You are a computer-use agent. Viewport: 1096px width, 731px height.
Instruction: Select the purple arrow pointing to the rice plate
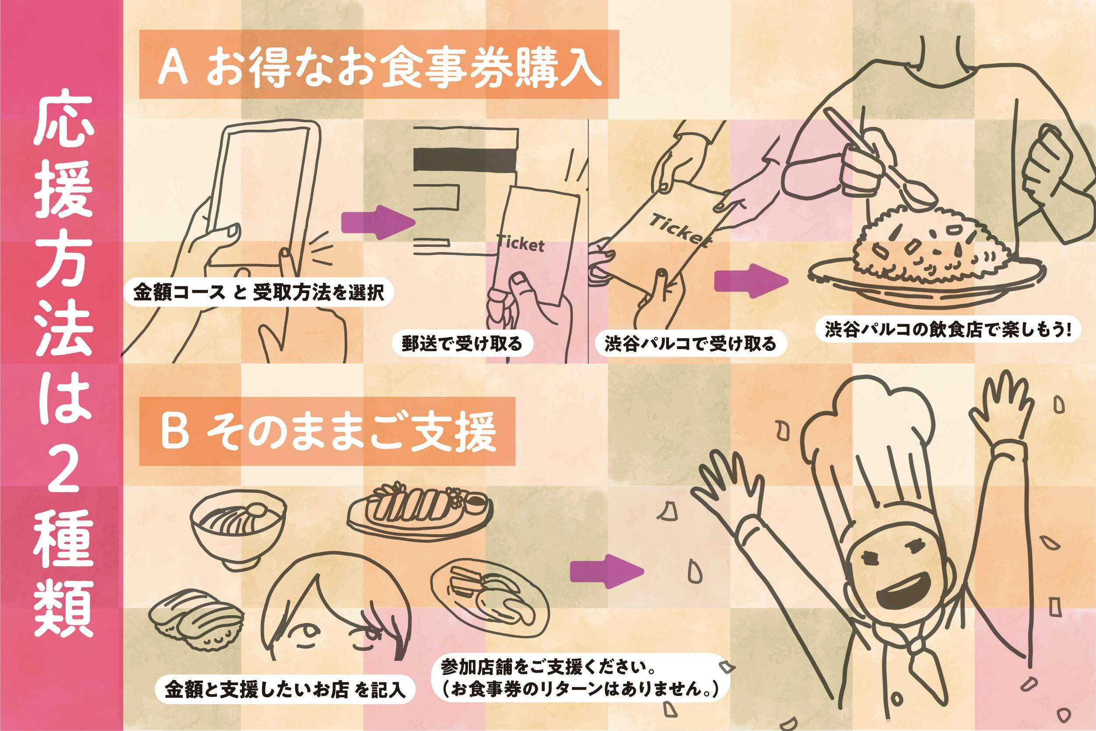coord(749,282)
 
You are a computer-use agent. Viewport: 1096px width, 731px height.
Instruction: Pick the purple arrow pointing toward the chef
coord(606,571)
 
